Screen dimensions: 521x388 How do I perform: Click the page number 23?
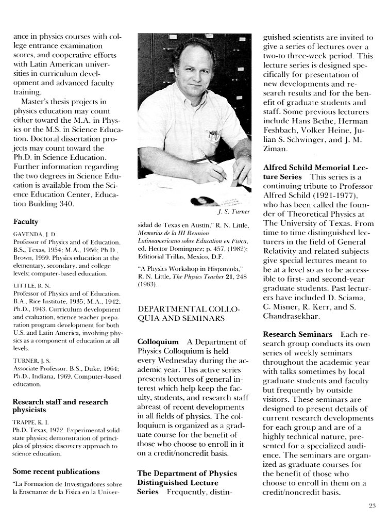372,506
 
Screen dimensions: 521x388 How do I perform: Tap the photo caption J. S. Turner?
233,211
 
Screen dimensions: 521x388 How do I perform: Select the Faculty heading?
26,221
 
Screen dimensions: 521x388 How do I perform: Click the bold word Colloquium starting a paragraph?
158,341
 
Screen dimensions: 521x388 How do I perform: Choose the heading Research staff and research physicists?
60,405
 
